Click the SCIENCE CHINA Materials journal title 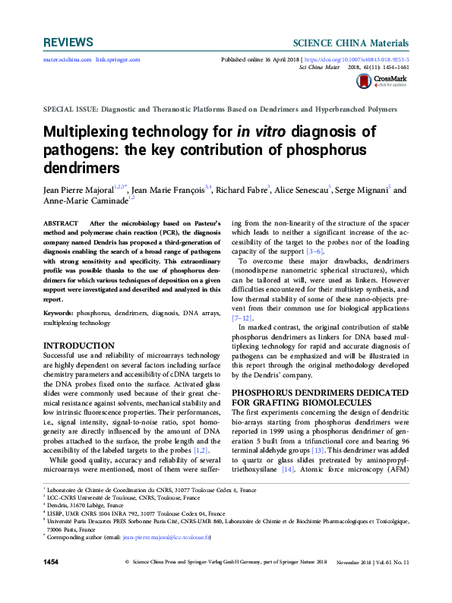[352, 43]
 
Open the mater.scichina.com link [67, 59]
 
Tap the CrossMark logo [388, 80]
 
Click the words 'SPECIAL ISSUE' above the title [71, 109]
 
